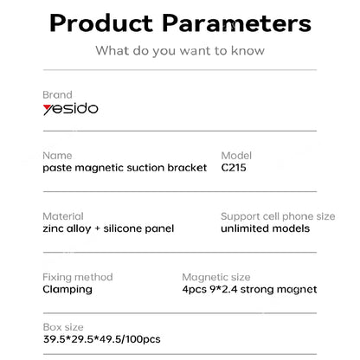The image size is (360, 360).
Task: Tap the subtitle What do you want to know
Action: pos(179,52)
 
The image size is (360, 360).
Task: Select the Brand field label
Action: pos(57,94)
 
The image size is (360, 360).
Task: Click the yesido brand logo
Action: pos(70,111)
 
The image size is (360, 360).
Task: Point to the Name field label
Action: pos(56,155)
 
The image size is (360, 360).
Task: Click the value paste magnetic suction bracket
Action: pos(125,168)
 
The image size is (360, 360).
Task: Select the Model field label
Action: pos(236,155)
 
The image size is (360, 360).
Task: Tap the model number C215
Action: pos(235,168)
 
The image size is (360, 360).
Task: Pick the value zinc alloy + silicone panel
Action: pos(108,228)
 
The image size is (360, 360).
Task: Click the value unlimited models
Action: pos(265,228)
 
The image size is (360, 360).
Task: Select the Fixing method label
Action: pos(79,276)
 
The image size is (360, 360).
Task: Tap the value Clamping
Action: pos(67,289)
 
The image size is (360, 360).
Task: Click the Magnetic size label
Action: pos(216,276)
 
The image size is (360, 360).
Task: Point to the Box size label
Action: pos(62,329)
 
